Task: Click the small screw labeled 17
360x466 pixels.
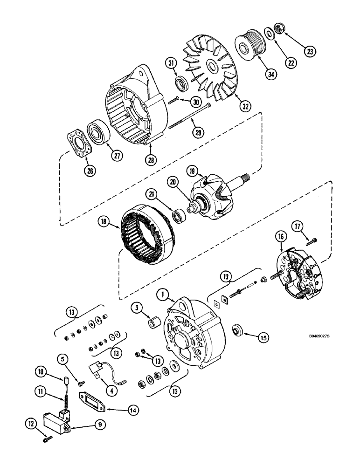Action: click(x=312, y=241)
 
